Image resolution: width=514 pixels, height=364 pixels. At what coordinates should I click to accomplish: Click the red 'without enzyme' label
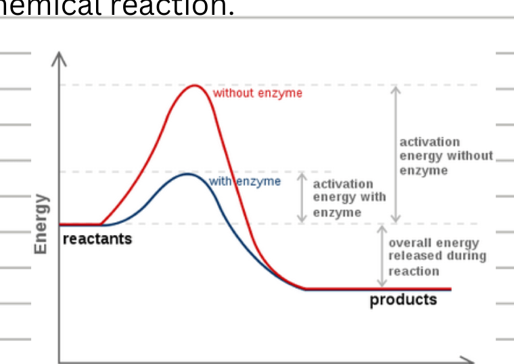coord(258,93)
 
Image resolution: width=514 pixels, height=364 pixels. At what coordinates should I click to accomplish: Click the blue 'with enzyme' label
coord(244,181)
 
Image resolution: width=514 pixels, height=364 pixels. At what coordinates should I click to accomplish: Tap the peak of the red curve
coord(195,85)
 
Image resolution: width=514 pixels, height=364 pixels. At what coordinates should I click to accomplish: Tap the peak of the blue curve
coord(189,174)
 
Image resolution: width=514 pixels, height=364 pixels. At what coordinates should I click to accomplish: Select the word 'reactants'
coord(97,238)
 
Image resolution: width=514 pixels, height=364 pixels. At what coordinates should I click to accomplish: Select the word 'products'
coord(403,299)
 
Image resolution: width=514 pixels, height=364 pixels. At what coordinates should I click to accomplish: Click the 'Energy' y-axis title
coord(41,224)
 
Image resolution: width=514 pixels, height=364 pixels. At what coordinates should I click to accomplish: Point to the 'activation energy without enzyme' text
coord(446,156)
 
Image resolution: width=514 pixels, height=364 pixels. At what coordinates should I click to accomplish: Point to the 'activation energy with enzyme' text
coord(349,198)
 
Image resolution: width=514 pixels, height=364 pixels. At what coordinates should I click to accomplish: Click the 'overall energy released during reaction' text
coord(437,257)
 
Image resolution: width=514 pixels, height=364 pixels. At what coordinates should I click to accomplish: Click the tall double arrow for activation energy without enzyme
coord(396,154)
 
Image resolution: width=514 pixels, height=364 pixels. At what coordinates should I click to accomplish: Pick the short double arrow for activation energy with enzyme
coord(302,198)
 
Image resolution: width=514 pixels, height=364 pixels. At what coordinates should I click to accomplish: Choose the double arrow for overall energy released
coord(381,257)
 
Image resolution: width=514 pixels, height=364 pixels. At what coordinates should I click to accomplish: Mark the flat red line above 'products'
coord(379,289)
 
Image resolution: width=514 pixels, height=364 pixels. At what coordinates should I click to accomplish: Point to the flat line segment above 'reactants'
coord(80,224)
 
